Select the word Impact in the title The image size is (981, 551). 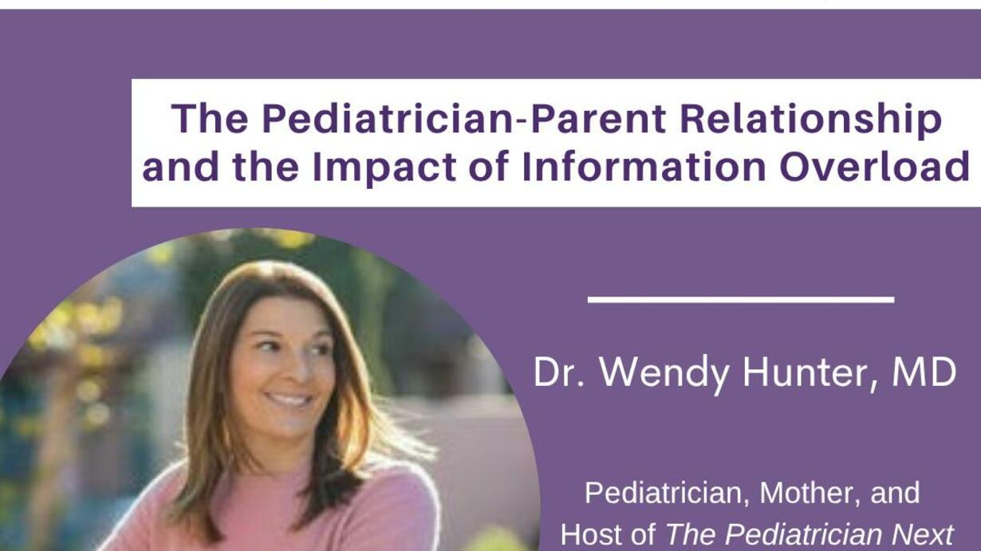coord(384,167)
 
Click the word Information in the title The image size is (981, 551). coord(644,167)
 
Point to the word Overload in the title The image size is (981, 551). coord(874,167)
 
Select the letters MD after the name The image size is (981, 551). coord(924,372)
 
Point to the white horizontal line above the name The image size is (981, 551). coord(741,300)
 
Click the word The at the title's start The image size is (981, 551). coord(210,118)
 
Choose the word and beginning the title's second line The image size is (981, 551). coord(181,167)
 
